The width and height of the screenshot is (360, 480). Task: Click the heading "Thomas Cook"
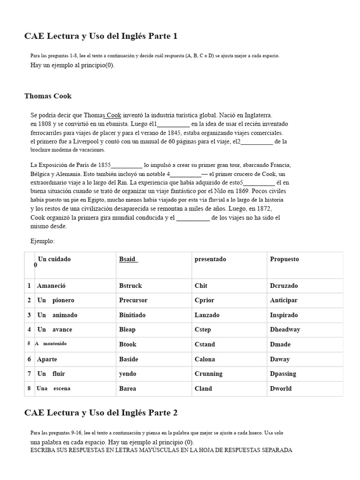pyautogui.click(x=48, y=96)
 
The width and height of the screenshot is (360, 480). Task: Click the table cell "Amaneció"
pyautogui.click(x=52, y=285)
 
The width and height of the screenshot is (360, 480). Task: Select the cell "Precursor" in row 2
pyautogui.click(x=133, y=300)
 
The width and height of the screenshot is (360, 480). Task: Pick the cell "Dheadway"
pyautogui.click(x=285, y=330)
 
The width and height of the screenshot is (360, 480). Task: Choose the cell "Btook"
pyautogui.click(x=128, y=344)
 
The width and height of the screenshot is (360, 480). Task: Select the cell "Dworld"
pyautogui.click(x=281, y=388)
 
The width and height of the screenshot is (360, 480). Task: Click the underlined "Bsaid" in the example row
pyautogui.click(x=127, y=259)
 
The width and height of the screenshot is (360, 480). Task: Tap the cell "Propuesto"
pyautogui.click(x=284, y=259)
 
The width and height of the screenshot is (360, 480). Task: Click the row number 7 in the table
pyautogui.click(x=29, y=374)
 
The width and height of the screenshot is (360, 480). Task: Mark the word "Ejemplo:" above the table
pyautogui.click(x=43, y=241)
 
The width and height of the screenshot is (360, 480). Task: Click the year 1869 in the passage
pyautogui.click(x=243, y=191)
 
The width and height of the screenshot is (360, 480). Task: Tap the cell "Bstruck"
pyautogui.click(x=130, y=285)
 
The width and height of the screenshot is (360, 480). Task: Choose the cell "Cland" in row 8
pyautogui.click(x=203, y=388)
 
